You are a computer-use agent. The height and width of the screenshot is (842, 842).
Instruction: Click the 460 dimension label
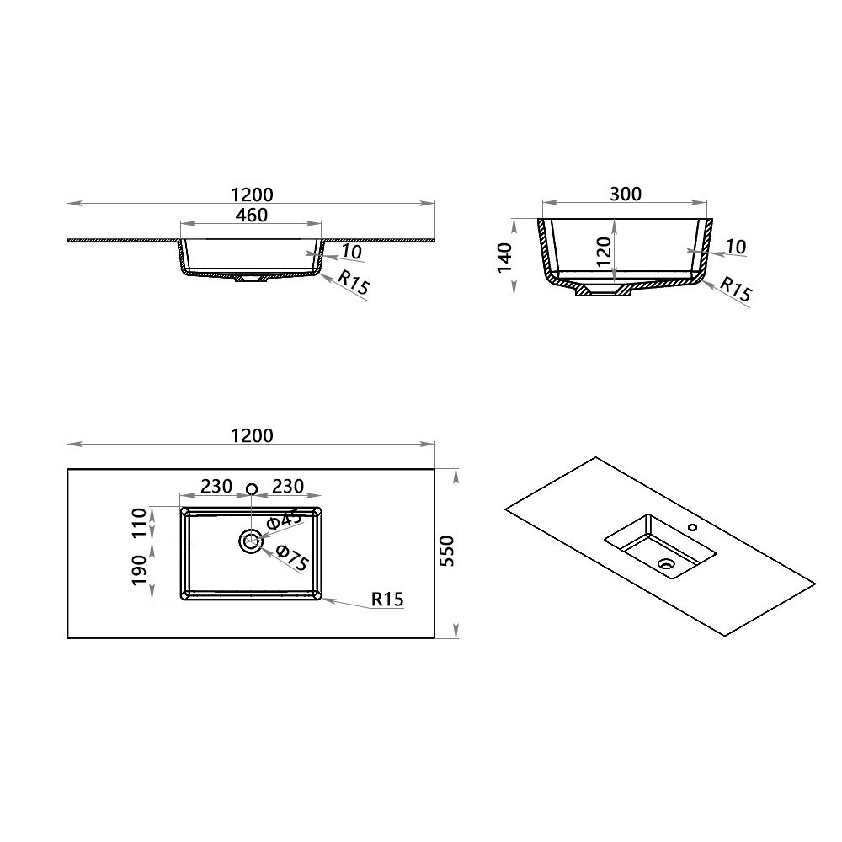[x=251, y=216]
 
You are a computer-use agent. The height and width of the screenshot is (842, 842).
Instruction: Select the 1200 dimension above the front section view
[x=251, y=195]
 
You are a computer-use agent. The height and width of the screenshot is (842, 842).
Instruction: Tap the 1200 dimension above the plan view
[x=251, y=435]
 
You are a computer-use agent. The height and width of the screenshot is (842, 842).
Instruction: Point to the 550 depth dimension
[x=447, y=552]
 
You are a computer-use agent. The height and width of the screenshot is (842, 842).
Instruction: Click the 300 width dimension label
[x=625, y=195]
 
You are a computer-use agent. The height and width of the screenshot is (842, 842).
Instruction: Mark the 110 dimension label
[x=140, y=524]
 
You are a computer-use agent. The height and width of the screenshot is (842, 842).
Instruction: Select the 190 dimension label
[x=140, y=570]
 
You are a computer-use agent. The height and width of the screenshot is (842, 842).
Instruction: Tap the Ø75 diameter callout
[x=290, y=558]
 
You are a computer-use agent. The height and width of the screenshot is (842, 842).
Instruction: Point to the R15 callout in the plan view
[x=387, y=600]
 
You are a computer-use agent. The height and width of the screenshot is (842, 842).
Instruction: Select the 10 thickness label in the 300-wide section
[x=735, y=247]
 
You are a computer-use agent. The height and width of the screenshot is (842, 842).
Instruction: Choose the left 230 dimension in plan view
[x=216, y=487]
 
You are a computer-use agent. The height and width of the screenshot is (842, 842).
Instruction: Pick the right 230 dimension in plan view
[x=286, y=487]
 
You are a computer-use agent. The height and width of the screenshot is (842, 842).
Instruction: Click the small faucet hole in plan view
[x=251, y=489]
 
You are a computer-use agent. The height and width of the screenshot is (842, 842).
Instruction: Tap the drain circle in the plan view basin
[x=251, y=541]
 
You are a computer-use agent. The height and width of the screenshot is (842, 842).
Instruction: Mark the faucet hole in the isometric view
[x=692, y=528]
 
